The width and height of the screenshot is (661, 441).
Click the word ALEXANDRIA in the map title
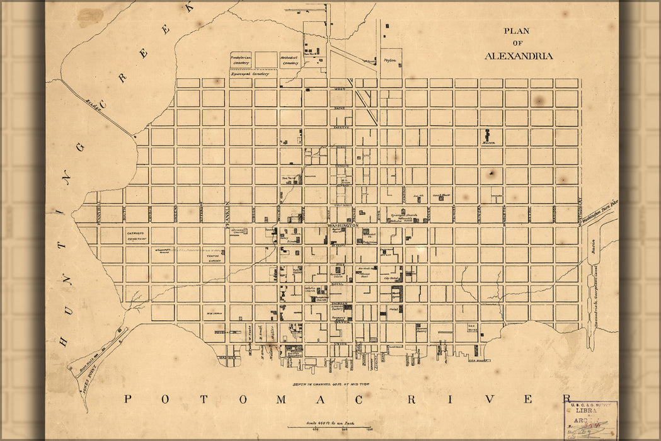tap(519, 55)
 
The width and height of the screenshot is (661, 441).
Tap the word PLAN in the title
tap(517, 31)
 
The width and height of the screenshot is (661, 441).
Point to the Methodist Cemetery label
tap(290, 59)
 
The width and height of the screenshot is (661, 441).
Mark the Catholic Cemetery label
tap(136, 235)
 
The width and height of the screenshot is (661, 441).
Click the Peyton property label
tap(388, 61)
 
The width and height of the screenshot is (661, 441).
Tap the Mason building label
tap(489, 143)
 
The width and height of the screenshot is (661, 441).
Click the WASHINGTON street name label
tap(343, 225)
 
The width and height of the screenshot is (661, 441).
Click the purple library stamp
tap(591, 420)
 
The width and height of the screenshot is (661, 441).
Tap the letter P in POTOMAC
tap(128, 399)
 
